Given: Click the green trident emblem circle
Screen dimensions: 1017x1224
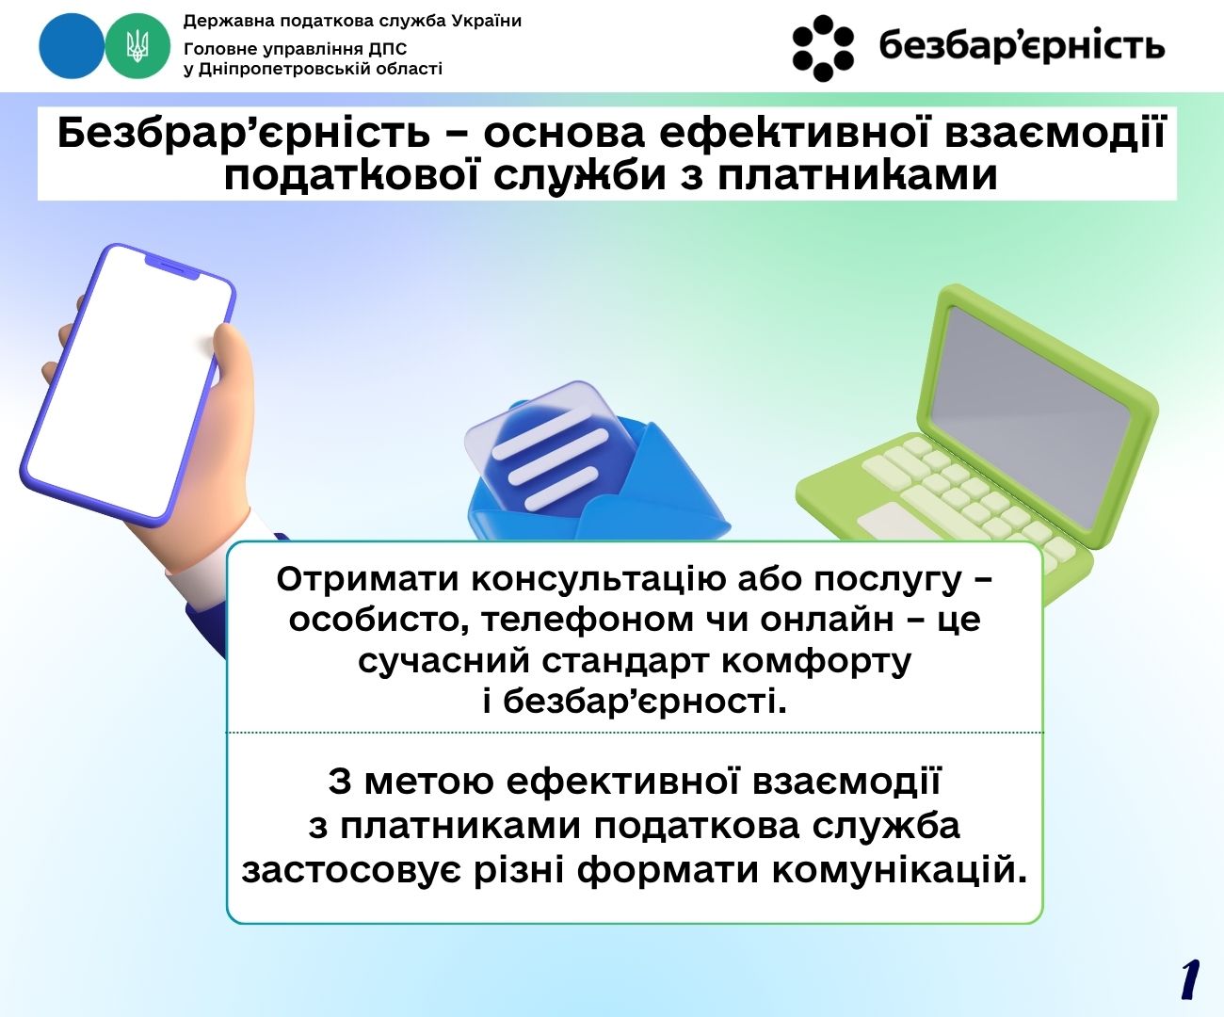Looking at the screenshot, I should (137, 45).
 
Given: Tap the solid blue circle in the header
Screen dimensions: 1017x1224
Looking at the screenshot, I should (72, 45).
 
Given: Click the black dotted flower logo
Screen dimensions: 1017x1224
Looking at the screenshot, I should (823, 47).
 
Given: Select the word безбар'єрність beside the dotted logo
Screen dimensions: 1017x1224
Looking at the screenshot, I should (1022, 46).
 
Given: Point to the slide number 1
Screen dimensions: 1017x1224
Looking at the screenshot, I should (1190, 980).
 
